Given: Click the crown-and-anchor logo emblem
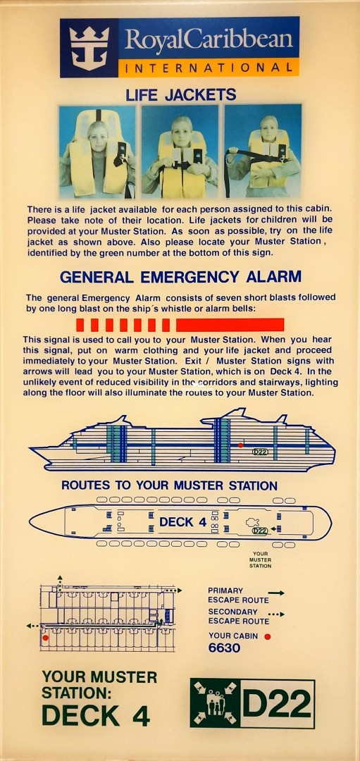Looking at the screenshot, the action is coord(89,48).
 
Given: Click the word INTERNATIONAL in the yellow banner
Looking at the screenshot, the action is coord(209,68).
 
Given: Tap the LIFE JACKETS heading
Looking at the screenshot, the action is coord(180,94).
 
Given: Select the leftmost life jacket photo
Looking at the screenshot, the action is coord(97,152).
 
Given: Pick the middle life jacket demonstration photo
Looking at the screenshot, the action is coord(180,152).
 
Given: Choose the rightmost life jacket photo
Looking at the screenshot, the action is coord(263,152).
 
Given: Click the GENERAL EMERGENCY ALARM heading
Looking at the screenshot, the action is coord(180,277).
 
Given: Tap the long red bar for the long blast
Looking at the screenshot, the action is coord(230,325).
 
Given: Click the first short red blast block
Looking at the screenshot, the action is coord(80,325).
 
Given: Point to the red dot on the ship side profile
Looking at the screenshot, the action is coord(240,445).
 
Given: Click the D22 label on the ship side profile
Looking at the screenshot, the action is coord(260,452).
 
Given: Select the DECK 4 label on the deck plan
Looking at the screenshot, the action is coord(183,522).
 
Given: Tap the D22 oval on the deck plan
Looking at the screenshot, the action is coord(260,531).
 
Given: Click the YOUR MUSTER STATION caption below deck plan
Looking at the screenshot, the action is coord(260,559).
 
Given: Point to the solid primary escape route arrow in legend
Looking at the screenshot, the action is coord(276,593).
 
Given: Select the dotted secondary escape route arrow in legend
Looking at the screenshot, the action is coord(276,614).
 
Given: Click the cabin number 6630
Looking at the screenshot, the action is coord(224,648).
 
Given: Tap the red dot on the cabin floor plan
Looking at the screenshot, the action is coord(46,637).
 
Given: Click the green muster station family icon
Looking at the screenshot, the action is coord(215,703).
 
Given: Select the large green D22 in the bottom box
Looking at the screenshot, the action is coord(277,703).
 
